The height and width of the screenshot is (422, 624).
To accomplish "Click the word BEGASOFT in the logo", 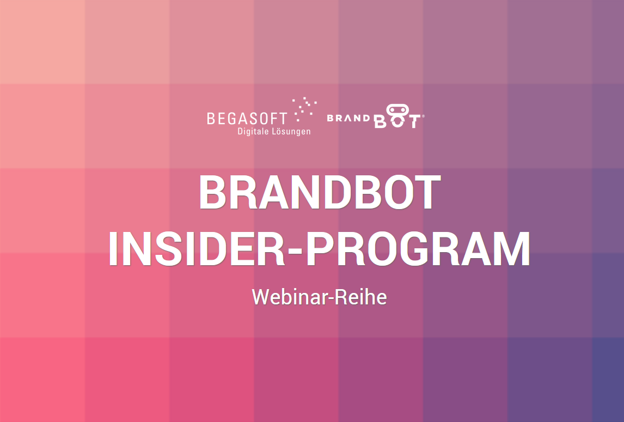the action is click(247, 119).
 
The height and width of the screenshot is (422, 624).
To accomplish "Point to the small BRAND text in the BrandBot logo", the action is click(348, 118).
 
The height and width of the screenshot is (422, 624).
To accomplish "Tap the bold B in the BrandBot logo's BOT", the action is click(380, 122).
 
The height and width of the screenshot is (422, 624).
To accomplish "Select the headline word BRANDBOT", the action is click(320, 192).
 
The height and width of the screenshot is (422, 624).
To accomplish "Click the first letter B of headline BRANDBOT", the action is click(213, 192).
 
